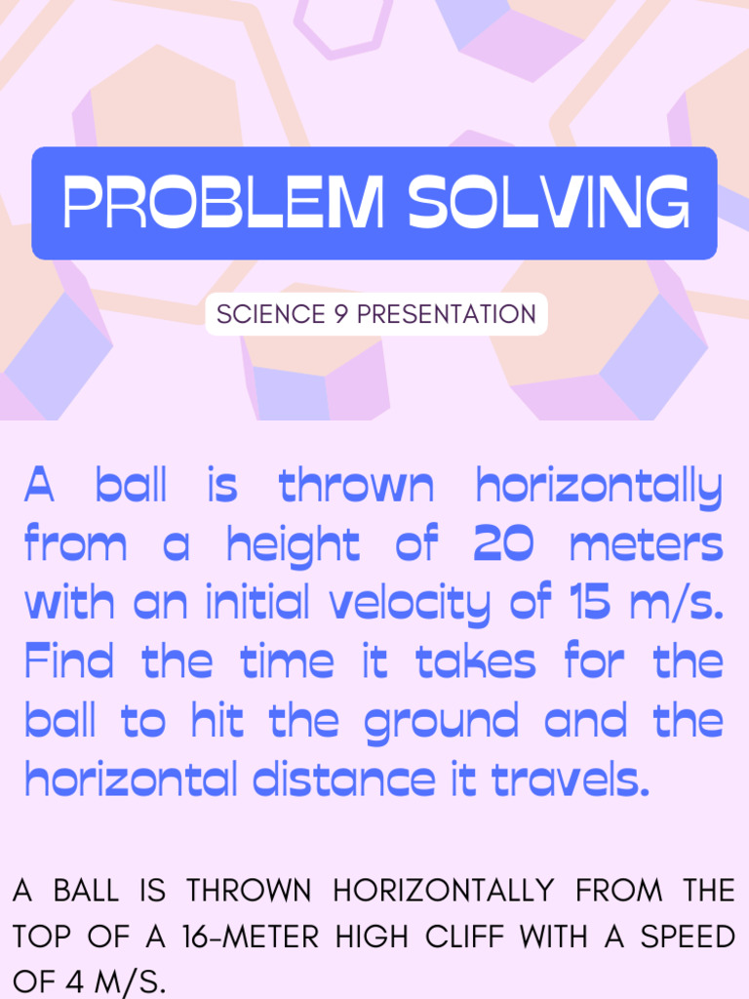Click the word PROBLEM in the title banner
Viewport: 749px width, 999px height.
point(222,203)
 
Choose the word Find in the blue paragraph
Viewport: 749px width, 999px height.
point(68,661)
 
